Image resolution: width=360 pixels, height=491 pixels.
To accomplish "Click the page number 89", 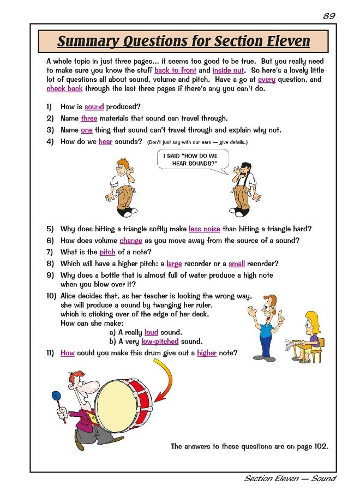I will tap(328, 16).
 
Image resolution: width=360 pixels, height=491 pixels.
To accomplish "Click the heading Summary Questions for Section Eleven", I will tap(183, 41).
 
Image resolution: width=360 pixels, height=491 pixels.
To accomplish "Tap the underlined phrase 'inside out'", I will tap(228, 70).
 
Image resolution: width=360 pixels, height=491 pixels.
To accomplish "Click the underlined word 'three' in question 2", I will tap(89, 118).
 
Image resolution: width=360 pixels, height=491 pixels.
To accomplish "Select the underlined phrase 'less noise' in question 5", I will tap(205, 229).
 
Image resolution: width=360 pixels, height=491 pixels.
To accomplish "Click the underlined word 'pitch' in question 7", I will tap(107, 252).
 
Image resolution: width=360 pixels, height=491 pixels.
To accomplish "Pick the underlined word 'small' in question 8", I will tap(237, 264).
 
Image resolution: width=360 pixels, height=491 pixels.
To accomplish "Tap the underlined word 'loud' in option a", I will tap(151, 332).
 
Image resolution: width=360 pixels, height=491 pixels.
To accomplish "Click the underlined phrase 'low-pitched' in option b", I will tap(160, 342).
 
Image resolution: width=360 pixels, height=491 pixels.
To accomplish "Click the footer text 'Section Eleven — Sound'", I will tap(289, 478).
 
